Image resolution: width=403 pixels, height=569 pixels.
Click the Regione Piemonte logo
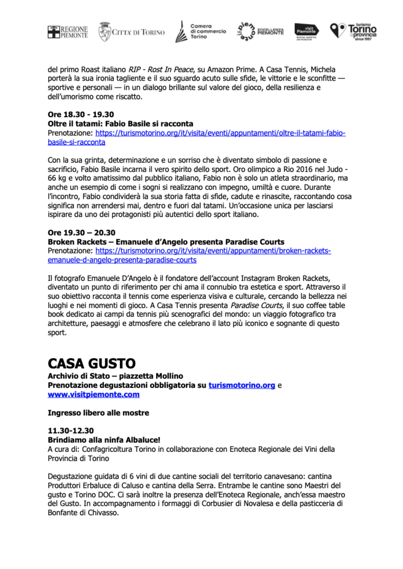pyautogui.click(x=68, y=32)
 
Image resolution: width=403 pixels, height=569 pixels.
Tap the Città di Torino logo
pyautogui.click(x=131, y=32)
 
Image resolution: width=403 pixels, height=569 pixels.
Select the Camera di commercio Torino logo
pyautogui.click(x=200, y=31)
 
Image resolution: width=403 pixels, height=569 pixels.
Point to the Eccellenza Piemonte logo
pyautogui.click(x=260, y=32)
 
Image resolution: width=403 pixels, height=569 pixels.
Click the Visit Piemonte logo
pyautogui.click(x=307, y=32)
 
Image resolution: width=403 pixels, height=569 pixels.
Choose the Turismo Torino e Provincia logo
pyautogui.click(x=353, y=32)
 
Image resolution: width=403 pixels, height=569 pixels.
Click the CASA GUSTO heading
pyautogui.click(x=92, y=363)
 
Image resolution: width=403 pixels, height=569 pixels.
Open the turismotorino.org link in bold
pyautogui.click(x=242, y=385)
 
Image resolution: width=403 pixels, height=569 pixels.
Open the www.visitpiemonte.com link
pyautogui.click(x=93, y=394)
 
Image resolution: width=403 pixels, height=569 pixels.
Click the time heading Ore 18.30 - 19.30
pyautogui.click(x=81, y=114)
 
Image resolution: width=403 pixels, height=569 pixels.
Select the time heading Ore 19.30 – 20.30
pyautogui.click(x=81, y=233)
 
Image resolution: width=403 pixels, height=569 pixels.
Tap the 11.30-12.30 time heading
pyautogui.click(x=71, y=431)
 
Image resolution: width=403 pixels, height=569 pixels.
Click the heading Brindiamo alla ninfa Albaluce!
pyautogui.click(x=104, y=440)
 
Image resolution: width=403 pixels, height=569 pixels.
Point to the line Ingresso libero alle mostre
pyautogui.click(x=98, y=413)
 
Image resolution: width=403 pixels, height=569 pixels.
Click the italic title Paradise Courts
pyautogui.click(x=257, y=305)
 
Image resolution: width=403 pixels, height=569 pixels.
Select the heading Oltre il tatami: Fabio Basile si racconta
pyautogui.click(x=120, y=123)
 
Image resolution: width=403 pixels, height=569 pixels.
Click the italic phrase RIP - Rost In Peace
pyautogui.click(x=161, y=70)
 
